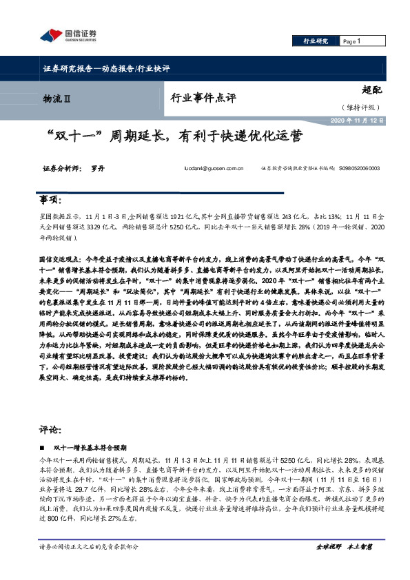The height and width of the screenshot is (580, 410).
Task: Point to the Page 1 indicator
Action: tap(352, 42)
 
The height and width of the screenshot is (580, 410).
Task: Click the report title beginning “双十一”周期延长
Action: tap(173, 136)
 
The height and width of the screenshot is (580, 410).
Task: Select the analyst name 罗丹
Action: tap(96, 167)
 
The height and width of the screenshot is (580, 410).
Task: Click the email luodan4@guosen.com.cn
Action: tap(215, 167)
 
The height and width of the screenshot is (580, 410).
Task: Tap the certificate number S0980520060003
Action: tap(359, 167)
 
